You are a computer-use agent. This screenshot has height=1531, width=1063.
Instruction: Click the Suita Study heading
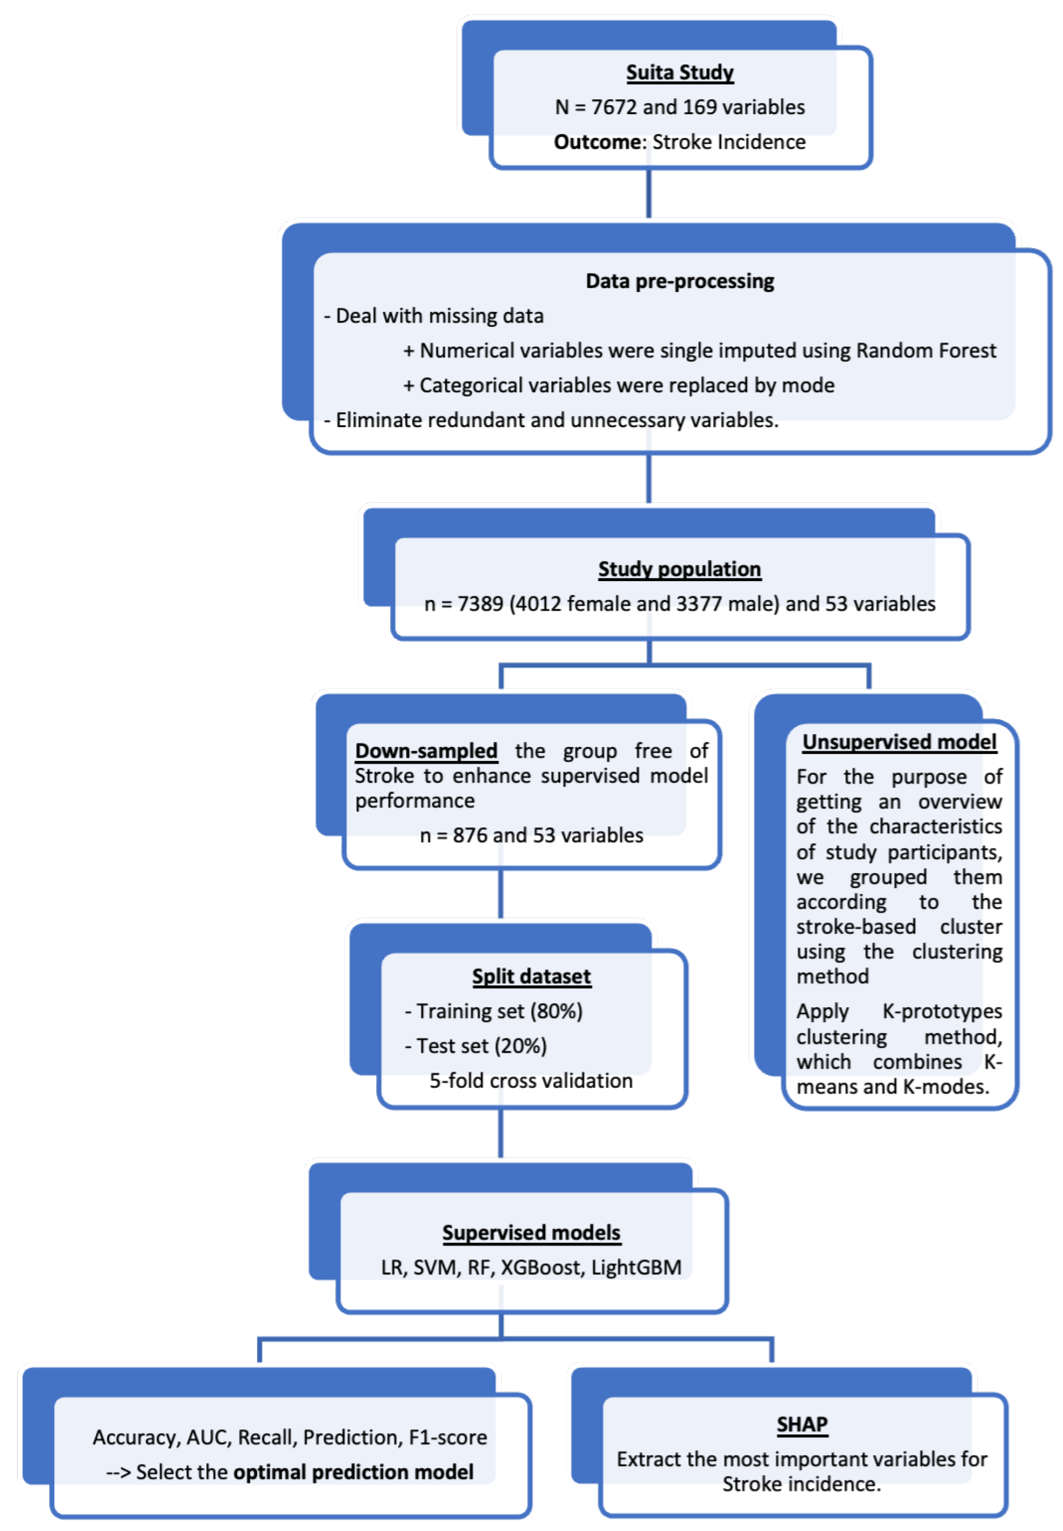tap(679, 72)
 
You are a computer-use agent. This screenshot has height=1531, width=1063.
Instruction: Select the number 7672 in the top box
tap(613, 107)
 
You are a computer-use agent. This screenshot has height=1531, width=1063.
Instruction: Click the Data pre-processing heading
tap(679, 281)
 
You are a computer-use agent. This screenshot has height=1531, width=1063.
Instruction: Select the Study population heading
tap(679, 569)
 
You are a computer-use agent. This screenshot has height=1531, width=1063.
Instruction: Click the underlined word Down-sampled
tap(426, 751)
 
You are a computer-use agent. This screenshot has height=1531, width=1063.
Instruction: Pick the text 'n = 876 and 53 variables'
tap(531, 835)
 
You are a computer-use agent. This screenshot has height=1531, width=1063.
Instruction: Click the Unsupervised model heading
tap(899, 742)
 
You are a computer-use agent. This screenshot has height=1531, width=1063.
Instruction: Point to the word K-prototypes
tap(942, 1011)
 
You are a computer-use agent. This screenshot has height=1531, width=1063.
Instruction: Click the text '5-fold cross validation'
tap(531, 1080)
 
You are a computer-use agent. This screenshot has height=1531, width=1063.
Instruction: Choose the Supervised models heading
tap(531, 1233)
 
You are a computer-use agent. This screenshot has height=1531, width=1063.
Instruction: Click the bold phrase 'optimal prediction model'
tap(353, 1472)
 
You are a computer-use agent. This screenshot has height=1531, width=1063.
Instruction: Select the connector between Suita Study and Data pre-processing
tap(648, 193)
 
